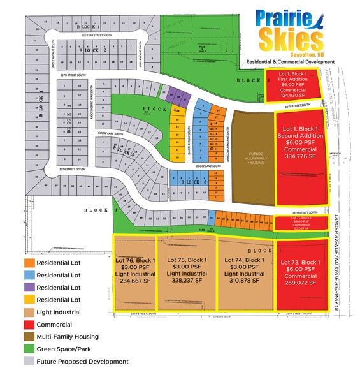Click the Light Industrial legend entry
(x=58, y=312)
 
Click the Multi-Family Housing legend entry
(x=68, y=337)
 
